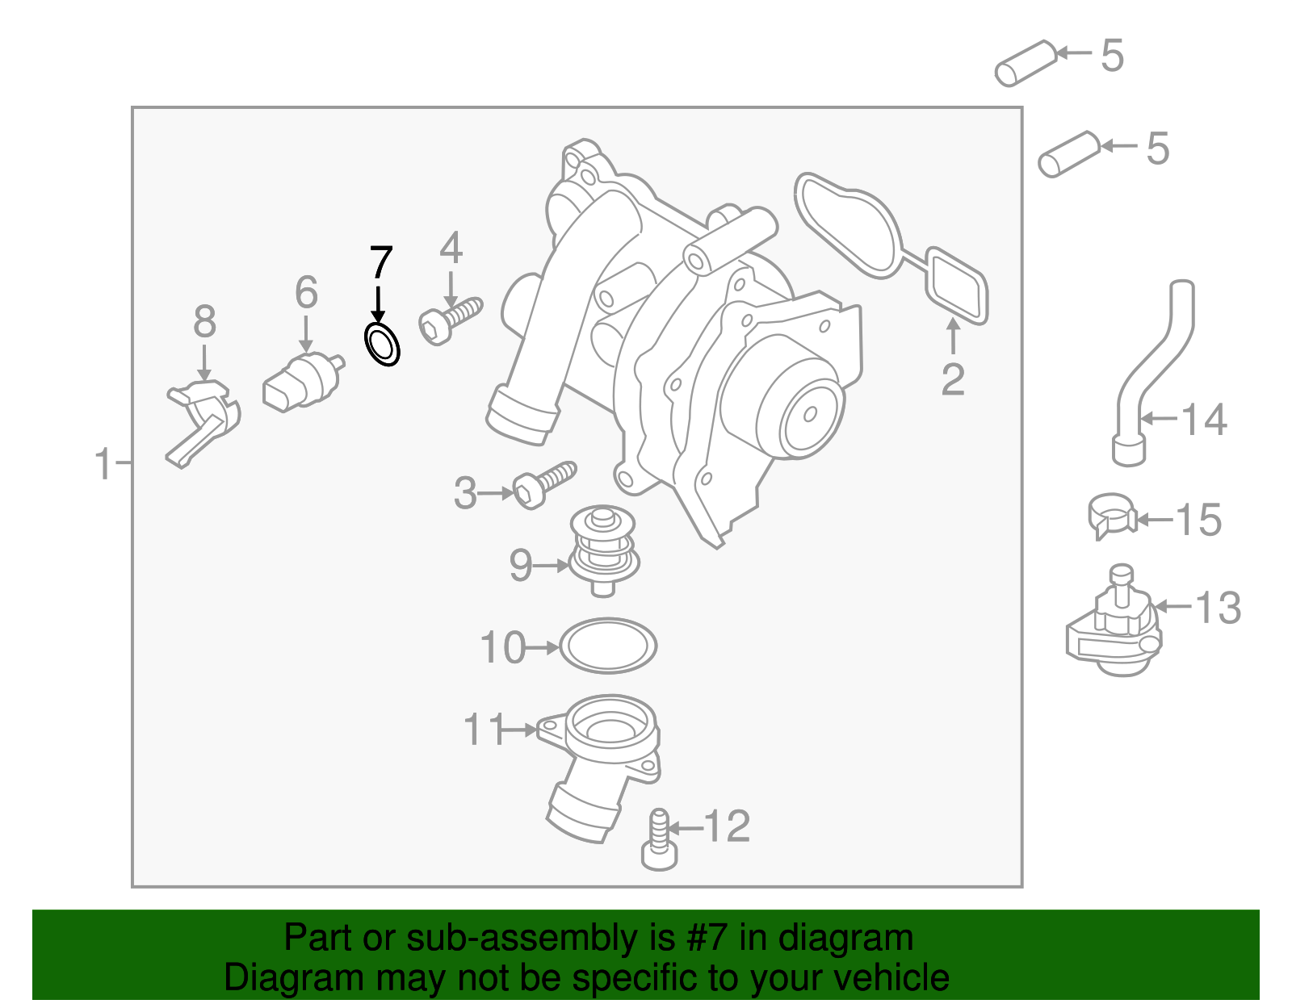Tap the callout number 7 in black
[380, 263]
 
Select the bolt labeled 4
[449, 320]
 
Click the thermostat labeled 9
[603, 550]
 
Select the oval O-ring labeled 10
[608, 646]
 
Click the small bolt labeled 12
[659, 843]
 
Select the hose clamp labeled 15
[1111, 515]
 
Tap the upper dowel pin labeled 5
[1026, 62]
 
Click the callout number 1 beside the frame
[103, 465]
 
